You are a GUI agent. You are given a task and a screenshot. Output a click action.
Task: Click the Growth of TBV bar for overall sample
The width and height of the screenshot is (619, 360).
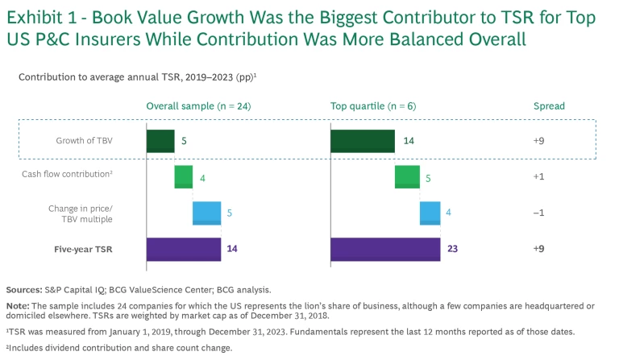pos(160,140)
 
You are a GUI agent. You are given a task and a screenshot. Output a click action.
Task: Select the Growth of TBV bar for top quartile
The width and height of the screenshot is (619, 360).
pos(363,140)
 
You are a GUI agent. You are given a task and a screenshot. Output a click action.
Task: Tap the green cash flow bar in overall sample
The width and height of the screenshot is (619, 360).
pos(184,176)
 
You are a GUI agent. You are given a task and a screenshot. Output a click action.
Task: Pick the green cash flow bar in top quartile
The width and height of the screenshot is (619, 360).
pos(407,176)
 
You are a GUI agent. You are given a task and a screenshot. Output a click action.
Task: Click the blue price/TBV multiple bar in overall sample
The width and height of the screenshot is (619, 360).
pos(206,213)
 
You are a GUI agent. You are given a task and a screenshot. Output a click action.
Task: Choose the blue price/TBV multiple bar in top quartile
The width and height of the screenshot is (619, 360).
pos(430,213)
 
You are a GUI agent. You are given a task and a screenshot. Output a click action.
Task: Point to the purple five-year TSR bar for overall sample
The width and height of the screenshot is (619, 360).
pos(183,250)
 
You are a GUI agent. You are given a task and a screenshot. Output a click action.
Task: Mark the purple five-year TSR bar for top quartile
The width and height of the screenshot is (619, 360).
pos(385,250)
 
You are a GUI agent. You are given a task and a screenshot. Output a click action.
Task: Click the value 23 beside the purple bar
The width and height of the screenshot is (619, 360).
pos(452,250)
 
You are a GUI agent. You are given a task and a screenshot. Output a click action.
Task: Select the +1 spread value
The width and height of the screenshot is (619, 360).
pos(539,177)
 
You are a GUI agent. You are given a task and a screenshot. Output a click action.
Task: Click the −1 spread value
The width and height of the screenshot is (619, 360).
pos(539,213)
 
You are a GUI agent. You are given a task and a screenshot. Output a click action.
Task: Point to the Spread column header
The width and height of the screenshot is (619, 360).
pos(549,106)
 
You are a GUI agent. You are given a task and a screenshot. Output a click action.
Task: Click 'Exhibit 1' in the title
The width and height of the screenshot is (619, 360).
pos(46,15)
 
